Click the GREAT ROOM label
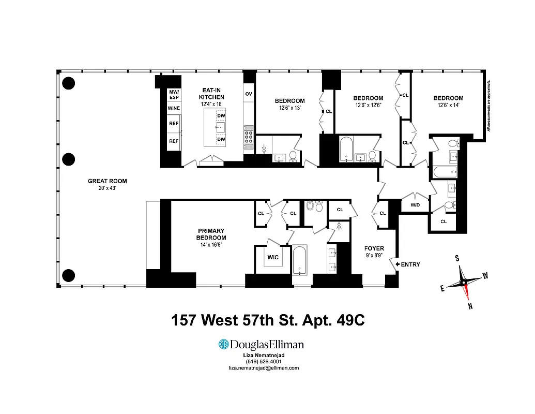107,181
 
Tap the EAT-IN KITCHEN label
212,94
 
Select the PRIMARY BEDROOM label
212,234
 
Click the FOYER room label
375,248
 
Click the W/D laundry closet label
415,204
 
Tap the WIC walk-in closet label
273,257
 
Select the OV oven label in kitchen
249,94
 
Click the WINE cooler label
173,109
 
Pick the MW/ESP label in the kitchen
173,94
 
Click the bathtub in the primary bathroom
300,260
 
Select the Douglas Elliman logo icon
223,345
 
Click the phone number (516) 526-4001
264,361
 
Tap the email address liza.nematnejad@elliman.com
264,368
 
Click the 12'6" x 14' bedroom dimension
448,105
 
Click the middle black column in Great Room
68,160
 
